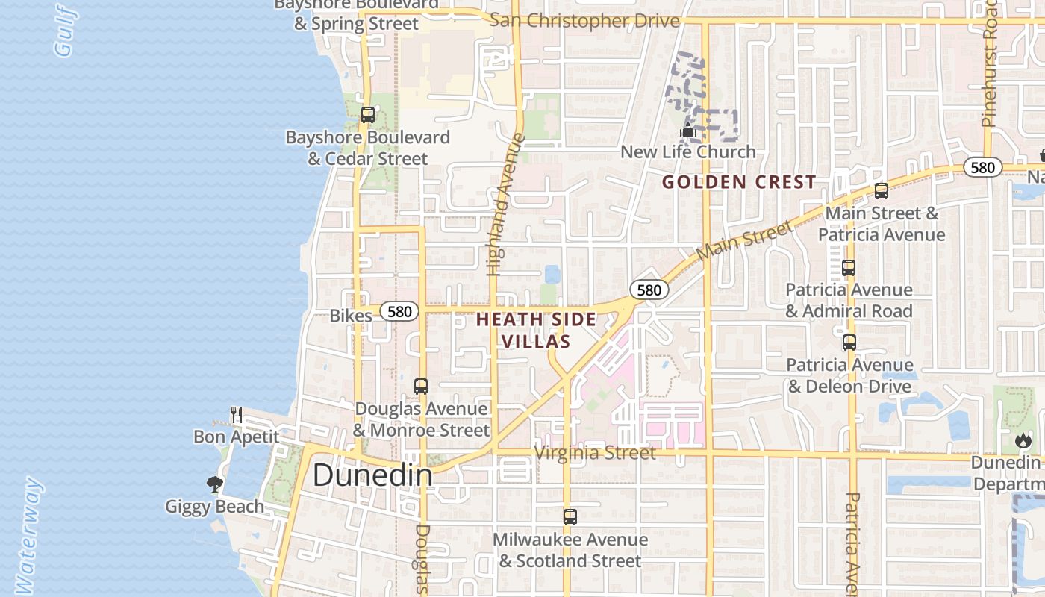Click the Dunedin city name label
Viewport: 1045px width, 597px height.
372,475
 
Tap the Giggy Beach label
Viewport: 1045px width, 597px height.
215,507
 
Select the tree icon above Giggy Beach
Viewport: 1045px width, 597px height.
215,484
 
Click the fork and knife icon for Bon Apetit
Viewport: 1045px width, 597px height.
236,415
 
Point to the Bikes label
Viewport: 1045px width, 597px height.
351,316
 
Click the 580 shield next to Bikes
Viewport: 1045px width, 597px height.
399,311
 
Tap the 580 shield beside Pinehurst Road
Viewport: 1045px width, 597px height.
982,167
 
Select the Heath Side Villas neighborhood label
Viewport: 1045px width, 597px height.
536,331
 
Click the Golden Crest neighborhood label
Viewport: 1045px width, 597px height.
739,182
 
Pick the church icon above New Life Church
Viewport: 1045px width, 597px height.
687,132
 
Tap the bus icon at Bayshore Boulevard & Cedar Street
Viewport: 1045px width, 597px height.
367,115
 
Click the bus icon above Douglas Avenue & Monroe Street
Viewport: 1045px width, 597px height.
421,387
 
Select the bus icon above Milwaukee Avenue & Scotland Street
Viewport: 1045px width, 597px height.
570,516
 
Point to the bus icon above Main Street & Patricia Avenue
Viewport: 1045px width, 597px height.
881,191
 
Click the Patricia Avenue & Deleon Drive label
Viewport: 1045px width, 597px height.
850,375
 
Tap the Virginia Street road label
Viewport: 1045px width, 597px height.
596,453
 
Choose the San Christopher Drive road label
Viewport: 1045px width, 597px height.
584,21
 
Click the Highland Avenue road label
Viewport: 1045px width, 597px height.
505,205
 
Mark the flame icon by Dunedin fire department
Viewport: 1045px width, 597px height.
1023,440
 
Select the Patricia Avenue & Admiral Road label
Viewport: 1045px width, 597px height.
849,300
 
